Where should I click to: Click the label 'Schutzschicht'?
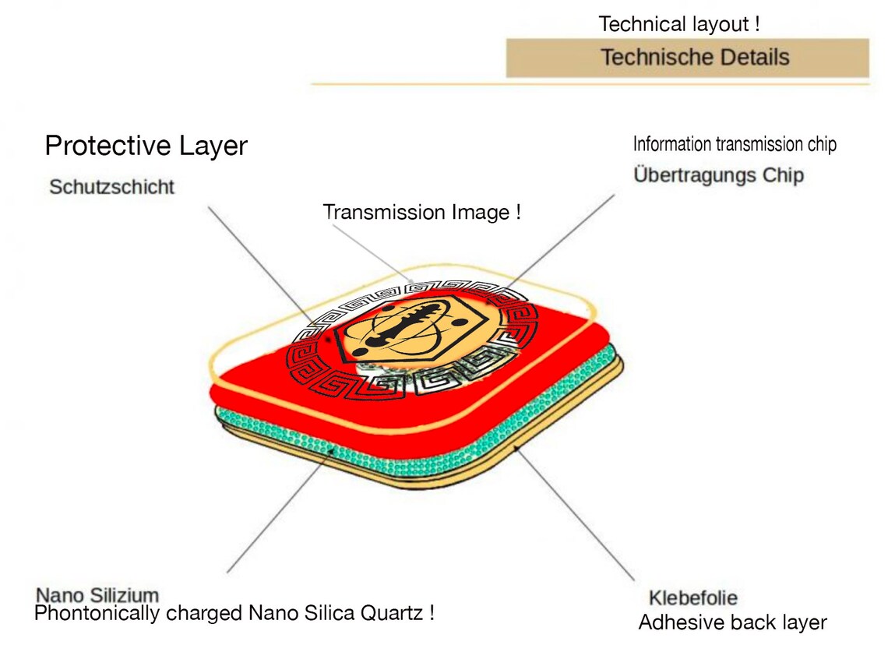tap(111, 187)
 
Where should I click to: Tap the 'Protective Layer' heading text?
tap(146, 146)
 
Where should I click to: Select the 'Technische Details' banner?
tap(686, 58)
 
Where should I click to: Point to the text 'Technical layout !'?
tap(679, 24)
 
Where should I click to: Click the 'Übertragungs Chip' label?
tap(718, 174)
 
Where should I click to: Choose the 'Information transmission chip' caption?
tap(735, 144)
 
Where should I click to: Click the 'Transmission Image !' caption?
tap(421, 212)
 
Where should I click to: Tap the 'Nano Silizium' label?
tap(97, 596)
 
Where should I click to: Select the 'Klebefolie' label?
tap(692, 598)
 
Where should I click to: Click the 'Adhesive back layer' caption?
tap(732, 622)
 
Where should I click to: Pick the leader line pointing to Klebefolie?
tap(576, 514)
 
